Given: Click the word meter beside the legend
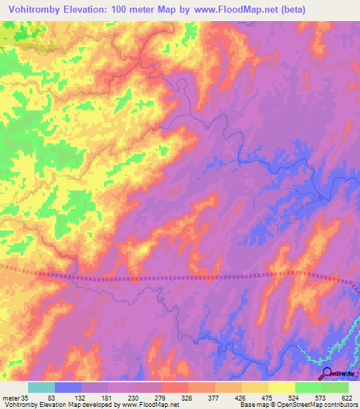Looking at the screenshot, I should pyautogui.click(x=11, y=398).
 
